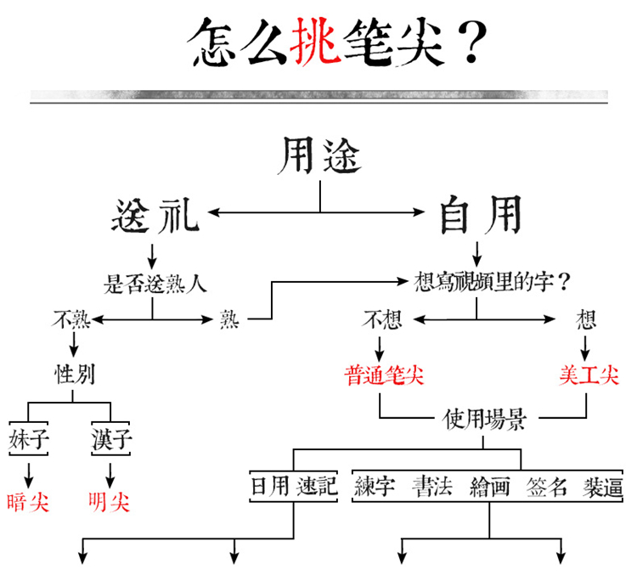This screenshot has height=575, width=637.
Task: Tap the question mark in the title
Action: (x=471, y=42)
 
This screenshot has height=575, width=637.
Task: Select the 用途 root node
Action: (x=319, y=155)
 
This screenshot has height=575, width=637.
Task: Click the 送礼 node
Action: (x=155, y=216)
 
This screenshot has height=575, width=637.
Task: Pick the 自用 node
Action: (x=481, y=215)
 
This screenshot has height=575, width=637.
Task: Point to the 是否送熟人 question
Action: (x=155, y=283)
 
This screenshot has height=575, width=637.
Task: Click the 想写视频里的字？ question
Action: (x=493, y=282)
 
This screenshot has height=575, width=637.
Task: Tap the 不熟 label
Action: (x=71, y=319)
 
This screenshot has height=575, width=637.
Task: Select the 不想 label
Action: (x=382, y=319)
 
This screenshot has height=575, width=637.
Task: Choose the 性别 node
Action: (x=75, y=374)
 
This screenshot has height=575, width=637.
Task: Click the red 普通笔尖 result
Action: (x=384, y=375)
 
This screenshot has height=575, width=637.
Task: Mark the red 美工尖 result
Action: (x=589, y=375)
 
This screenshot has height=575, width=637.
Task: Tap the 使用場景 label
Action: (x=485, y=419)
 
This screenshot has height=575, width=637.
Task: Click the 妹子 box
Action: (x=28, y=439)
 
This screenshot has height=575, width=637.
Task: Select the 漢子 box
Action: (x=111, y=439)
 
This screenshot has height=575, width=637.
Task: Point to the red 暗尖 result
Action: (x=28, y=503)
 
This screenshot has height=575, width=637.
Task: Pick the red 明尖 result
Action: (x=109, y=503)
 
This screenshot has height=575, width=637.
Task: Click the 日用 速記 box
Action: (x=293, y=486)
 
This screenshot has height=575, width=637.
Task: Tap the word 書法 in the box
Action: (x=432, y=487)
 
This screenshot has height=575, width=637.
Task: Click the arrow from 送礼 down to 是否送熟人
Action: (x=152, y=256)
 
